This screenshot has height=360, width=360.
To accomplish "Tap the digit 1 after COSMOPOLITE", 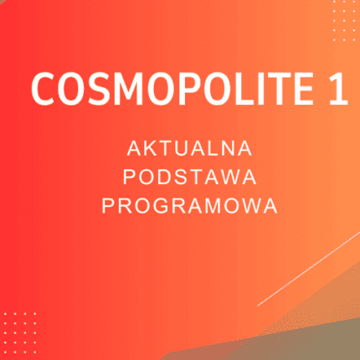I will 337,88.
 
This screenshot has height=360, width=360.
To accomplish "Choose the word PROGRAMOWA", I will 189,205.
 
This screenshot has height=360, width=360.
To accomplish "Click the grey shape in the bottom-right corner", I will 331,331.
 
